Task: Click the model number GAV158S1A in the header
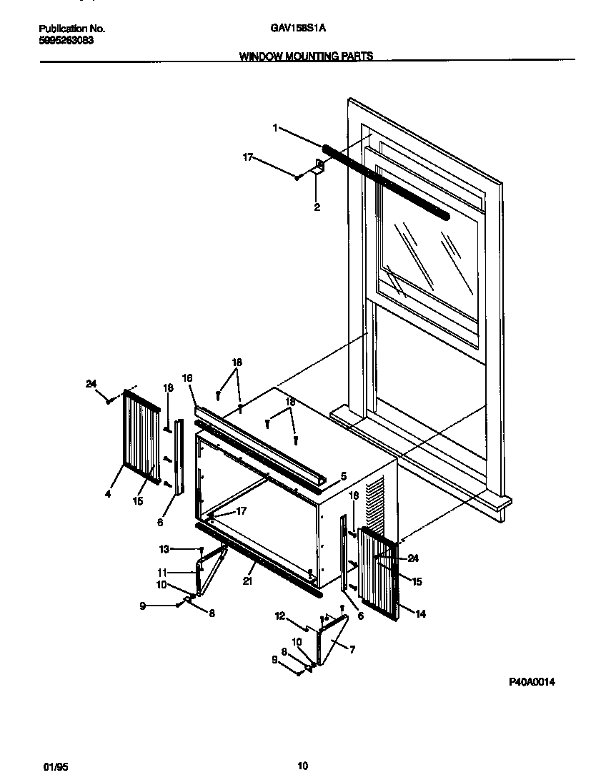[299, 29]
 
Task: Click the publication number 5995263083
[65, 40]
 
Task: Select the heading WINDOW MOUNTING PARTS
[306, 56]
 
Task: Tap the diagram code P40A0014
[532, 682]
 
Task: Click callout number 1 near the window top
[275, 128]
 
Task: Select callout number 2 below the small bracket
[317, 208]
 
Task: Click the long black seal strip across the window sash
[386, 182]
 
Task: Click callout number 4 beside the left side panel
[108, 493]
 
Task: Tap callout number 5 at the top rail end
[343, 475]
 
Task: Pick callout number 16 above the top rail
[188, 377]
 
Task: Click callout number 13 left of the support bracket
[164, 549]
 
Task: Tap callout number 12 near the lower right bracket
[279, 615]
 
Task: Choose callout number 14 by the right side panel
[420, 613]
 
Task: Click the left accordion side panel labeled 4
[141, 436]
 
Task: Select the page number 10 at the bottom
[303, 766]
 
